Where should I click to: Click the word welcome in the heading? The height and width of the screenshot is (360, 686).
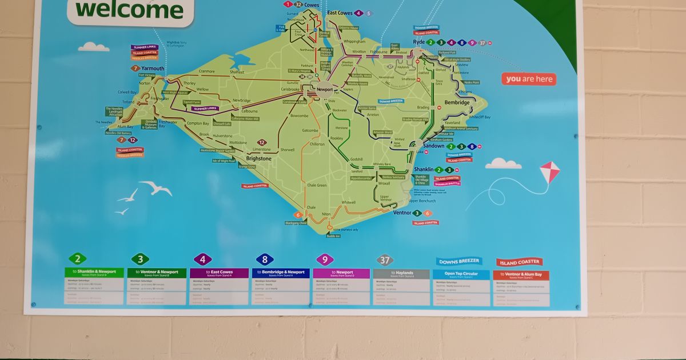pos(129,10)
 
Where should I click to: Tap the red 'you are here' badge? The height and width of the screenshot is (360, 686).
pos(529,79)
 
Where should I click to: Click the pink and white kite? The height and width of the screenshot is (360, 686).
pos(550,172)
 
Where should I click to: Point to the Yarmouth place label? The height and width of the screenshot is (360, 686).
pos(153,69)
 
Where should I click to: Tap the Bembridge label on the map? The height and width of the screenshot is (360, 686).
pos(457,103)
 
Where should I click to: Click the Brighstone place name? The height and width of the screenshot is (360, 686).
pos(258,158)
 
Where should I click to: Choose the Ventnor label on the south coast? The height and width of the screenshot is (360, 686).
pos(402,213)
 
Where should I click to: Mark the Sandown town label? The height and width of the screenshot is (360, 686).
pos(433,146)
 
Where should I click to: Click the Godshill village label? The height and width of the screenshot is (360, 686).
pos(356,159)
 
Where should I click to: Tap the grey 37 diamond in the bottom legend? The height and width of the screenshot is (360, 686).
pos(385,261)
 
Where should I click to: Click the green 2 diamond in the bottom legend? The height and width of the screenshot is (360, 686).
pos(77,259)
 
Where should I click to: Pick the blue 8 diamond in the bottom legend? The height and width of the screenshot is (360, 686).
pos(264,259)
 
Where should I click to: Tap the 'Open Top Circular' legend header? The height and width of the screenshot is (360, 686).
pos(461,274)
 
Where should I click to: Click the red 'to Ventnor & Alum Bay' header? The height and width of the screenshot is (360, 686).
pos(521,275)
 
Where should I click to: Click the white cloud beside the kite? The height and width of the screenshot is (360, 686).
pos(503,164)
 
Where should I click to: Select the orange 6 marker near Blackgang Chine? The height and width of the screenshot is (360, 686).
pos(298,215)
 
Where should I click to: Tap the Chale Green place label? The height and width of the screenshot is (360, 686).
pos(317,185)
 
